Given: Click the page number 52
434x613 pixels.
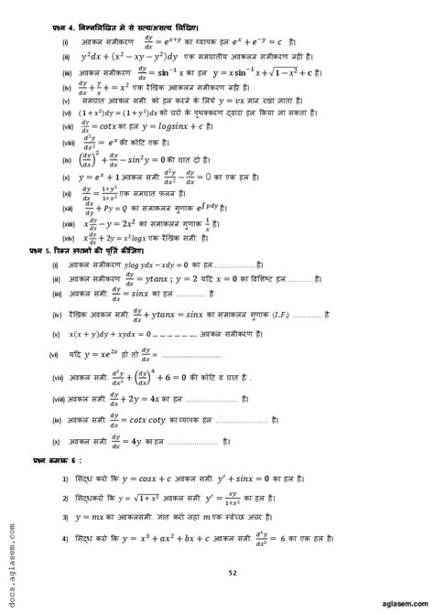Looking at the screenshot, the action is [x=231, y=572].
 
